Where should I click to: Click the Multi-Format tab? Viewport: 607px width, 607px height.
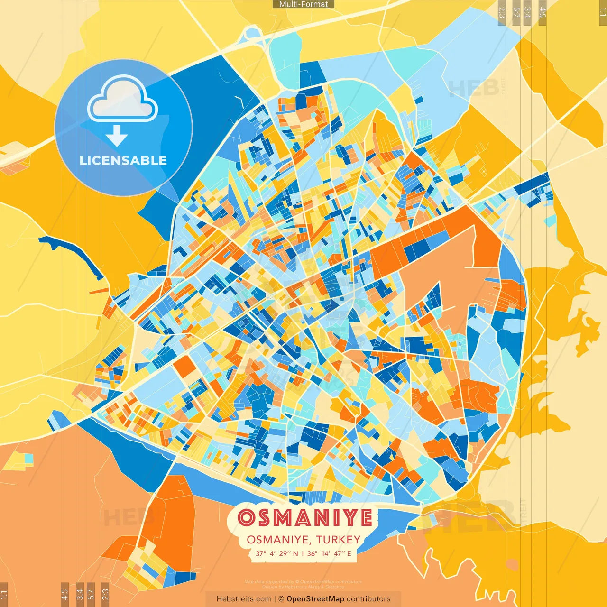pos(303,4)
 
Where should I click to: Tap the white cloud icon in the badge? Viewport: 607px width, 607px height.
pos(123,100)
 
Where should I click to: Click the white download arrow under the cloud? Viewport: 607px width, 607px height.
pos(117,136)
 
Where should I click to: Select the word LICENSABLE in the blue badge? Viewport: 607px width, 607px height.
pos(123,160)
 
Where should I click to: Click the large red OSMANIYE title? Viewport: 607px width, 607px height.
pos(305,518)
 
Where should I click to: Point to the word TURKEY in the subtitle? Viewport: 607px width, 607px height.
pos(338,540)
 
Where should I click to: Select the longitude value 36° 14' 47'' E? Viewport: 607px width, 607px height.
pos(329,553)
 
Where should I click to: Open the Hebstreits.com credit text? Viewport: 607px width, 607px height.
pos(244,599)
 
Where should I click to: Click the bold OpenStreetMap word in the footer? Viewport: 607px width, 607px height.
pos(315,599)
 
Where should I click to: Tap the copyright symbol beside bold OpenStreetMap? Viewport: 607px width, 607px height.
pos(281,599)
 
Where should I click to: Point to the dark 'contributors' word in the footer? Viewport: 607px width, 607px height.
pos(368,599)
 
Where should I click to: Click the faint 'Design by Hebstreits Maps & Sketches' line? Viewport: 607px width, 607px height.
pos(303,587)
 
